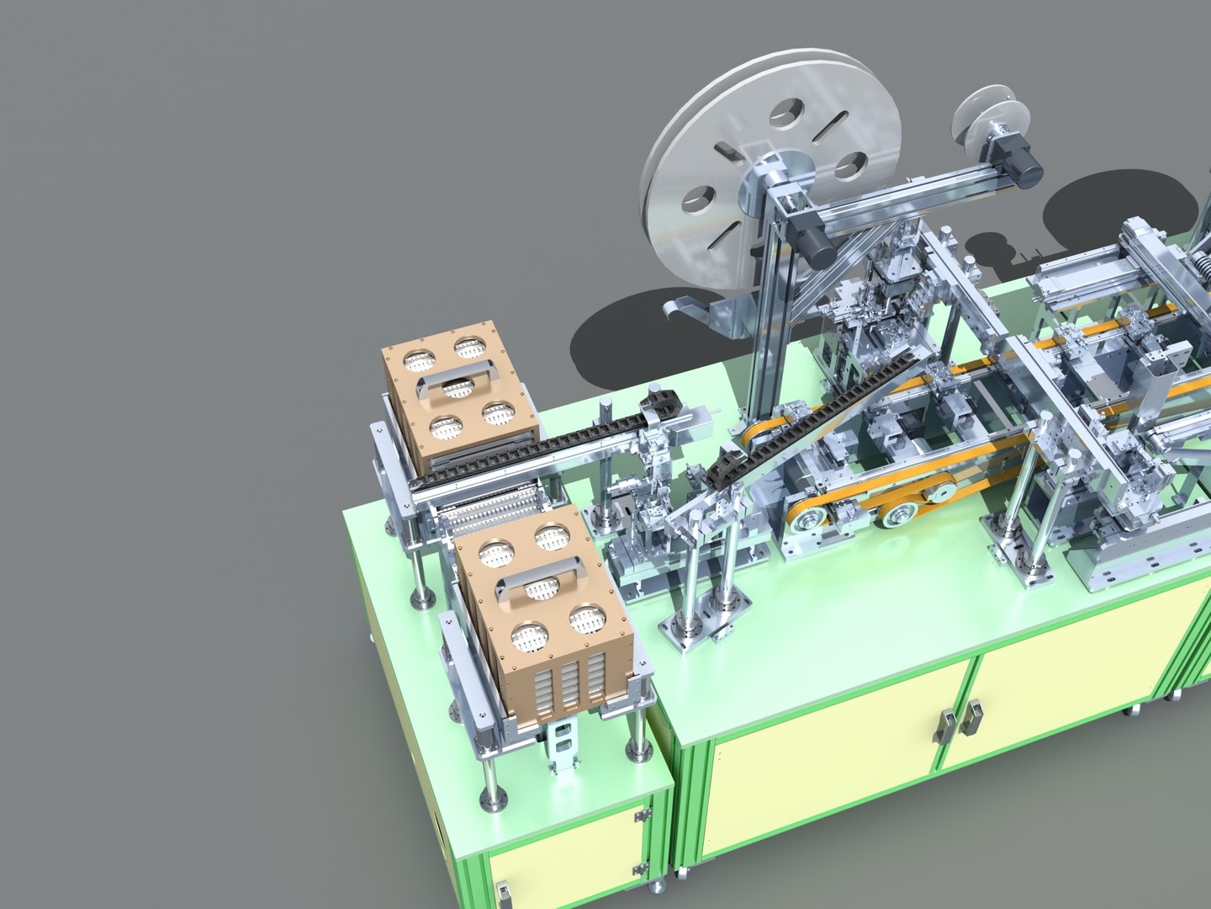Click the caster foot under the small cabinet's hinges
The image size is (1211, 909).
657,885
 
